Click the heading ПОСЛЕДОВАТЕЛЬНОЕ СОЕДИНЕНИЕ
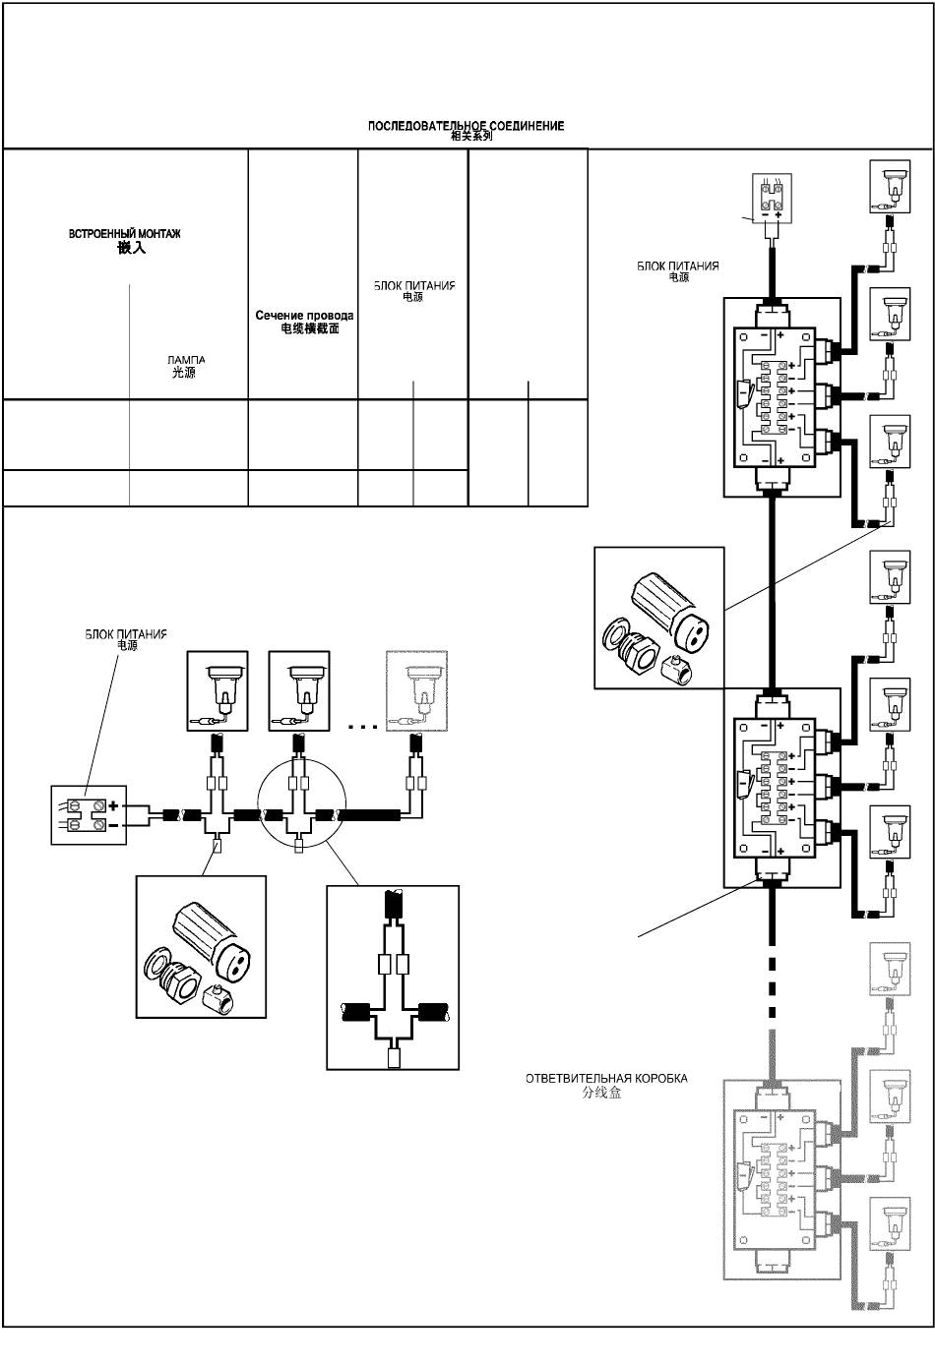coord(466,126)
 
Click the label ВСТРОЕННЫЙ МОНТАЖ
coord(124,233)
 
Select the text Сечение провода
coord(304,316)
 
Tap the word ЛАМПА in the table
coord(186,360)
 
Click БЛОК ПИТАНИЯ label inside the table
coord(414,286)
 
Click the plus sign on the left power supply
coord(113,806)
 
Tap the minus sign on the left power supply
coord(113,825)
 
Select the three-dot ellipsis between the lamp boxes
coord(363,727)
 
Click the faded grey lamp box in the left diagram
coord(416,690)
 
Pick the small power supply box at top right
coord(773,198)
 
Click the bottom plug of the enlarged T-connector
coord(394,1056)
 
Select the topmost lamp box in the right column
coord(890,187)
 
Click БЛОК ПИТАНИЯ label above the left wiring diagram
coord(126,634)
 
